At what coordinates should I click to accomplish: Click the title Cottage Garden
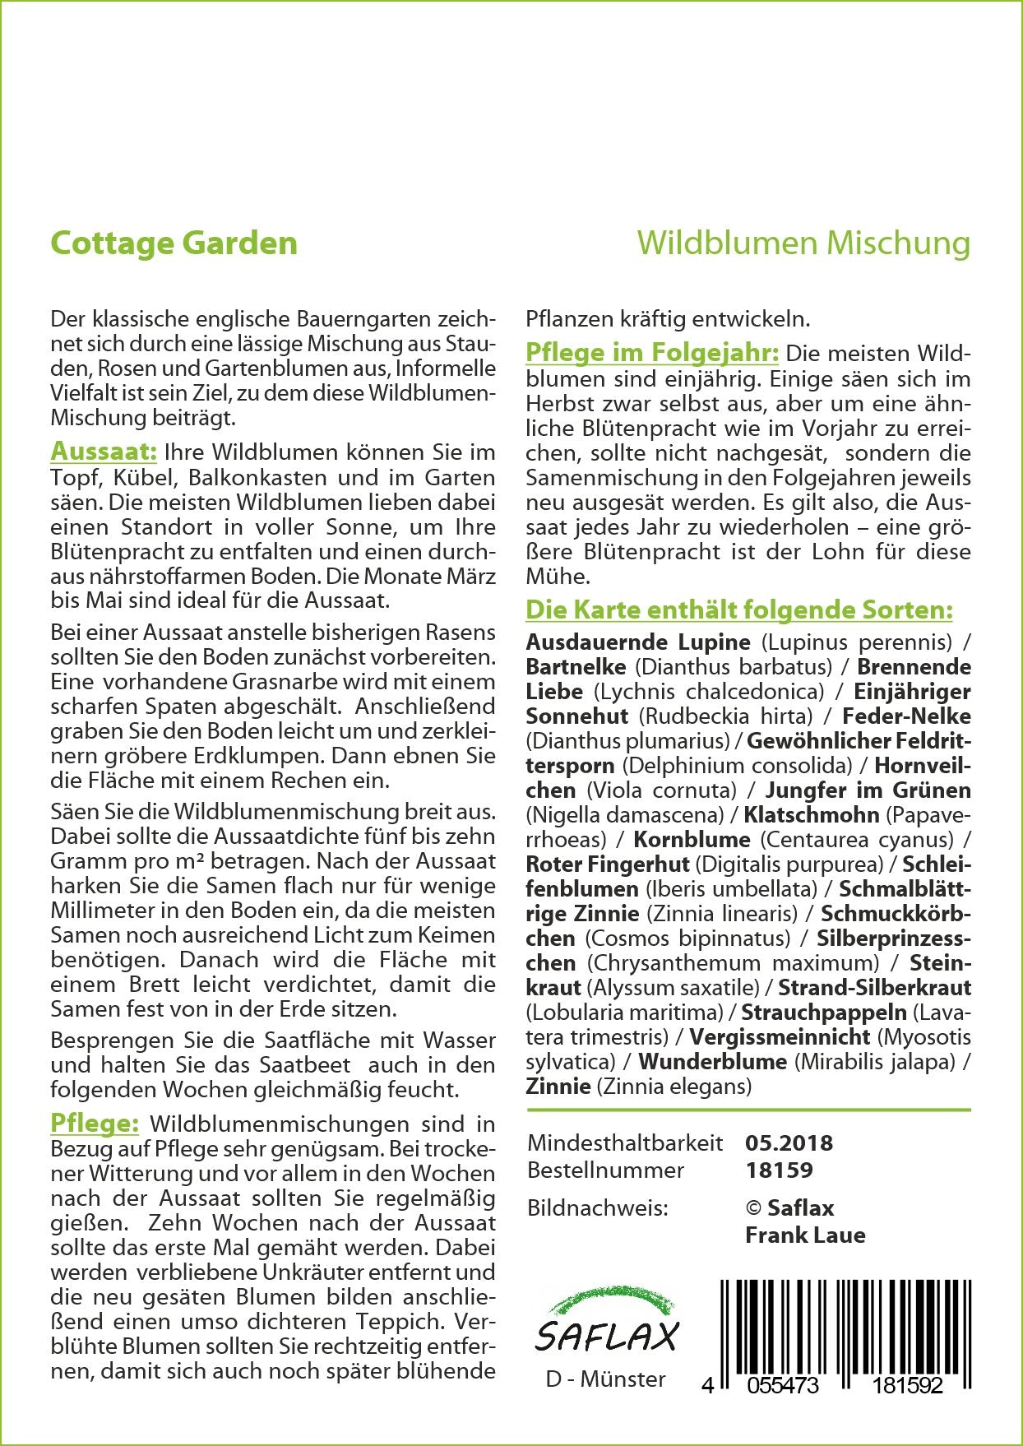pyautogui.click(x=174, y=243)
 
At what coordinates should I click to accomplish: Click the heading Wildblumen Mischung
pyautogui.click(x=803, y=243)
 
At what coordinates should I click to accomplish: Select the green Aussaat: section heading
pyautogui.click(x=104, y=452)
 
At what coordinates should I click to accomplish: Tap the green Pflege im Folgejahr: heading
pyautogui.click(x=651, y=353)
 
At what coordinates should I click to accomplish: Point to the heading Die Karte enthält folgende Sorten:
pyautogui.click(x=738, y=610)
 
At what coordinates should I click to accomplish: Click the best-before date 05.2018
pyautogui.click(x=789, y=1142)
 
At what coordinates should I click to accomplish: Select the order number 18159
pyautogui.click(x=778, y=1170)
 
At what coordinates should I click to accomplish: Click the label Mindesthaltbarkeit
pyautogui.click(x=625, y=1142)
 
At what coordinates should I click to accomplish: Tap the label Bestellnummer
pyautogui.click(x=605, y=1170)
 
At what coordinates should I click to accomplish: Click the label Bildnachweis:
pyautogui.click(x=597, y=1207)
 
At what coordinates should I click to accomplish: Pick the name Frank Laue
pyautogui.click(x=804, y=1235)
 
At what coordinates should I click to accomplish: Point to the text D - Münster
pyautogui.click(x=605, y=1379)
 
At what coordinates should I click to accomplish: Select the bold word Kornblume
pyautogui.click(x=692, y=840)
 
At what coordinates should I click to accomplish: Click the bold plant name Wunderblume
pyautogui.click(x=712, y=1061)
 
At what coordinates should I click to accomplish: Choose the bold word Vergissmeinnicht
pyautogui.click(x=780, y=1036)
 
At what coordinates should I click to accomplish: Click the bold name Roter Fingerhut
pyautogui.click(x=608, y=864)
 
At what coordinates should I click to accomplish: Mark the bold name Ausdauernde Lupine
pyautogui.click(x=638, y=642)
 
